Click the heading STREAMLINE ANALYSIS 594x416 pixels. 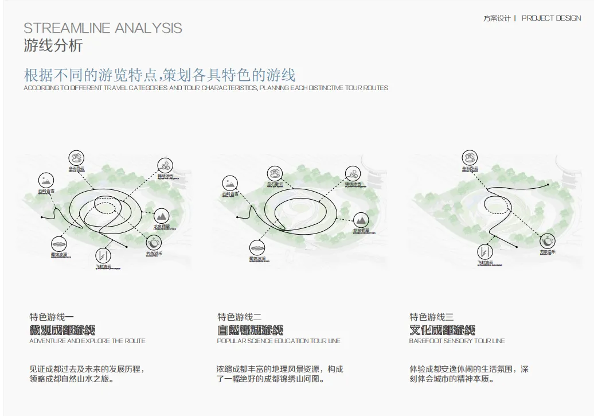coord(103,28)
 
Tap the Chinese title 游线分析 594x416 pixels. coord(53,46)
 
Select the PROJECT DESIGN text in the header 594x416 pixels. coord(551,18)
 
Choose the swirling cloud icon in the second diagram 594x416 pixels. coord(353,173)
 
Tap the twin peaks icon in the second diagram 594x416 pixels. coord(360,219)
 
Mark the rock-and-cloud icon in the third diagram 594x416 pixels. coord(470,157)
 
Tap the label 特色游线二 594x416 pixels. coord(239,317)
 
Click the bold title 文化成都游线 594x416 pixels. coord(442,330)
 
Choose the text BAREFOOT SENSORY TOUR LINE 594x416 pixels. coord(457,341)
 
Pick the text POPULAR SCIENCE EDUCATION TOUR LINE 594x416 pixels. coord(279,341)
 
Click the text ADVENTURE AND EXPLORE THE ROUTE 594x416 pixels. coord(87,341)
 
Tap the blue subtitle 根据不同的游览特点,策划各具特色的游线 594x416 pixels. coord(159,75)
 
